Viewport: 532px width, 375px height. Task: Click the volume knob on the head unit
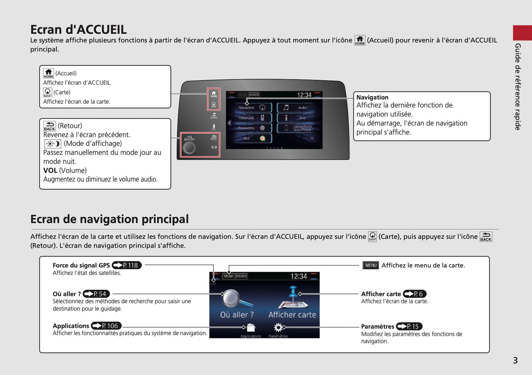189,148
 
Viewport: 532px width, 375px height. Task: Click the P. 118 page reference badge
127,265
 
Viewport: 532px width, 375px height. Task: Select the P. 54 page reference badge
96,294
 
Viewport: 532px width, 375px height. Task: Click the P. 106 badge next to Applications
106,326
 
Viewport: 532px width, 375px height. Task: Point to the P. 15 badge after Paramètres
409,326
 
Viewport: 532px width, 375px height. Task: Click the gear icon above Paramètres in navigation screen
278,327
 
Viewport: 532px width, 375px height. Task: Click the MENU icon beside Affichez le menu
370,265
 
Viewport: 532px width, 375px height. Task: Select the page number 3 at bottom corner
515,361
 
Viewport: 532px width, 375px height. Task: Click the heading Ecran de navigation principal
109,219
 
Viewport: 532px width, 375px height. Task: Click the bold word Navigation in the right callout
372,97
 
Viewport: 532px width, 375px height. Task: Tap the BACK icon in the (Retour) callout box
49,126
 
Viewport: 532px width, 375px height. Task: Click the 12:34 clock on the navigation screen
299,276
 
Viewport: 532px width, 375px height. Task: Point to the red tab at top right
522,33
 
